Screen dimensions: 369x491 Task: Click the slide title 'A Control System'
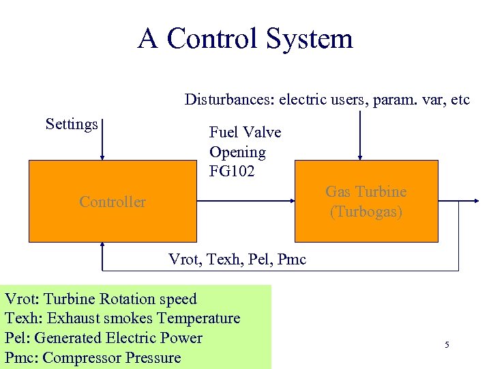pos(245,38)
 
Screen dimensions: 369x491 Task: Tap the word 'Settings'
pos(72,124)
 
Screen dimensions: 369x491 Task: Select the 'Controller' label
pos(113,202)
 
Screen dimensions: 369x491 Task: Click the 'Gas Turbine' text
pos(366,192)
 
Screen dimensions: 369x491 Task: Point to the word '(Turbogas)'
pos(366,212)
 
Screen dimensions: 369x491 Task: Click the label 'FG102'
pos(232,172)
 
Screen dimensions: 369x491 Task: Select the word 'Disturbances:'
pos(227,100)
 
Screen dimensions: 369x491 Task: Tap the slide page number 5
pos(447,344)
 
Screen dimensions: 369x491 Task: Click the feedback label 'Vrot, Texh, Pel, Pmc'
pos(237,260)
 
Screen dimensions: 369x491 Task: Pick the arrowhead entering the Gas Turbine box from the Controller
pos(290,202)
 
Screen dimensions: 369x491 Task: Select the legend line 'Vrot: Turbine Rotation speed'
pos(101,299)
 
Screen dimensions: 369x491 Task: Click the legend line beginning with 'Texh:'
pos(123,318)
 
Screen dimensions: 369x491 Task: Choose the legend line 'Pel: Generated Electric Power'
pos(104,338)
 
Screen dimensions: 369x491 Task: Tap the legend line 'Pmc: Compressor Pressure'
pos(93,357)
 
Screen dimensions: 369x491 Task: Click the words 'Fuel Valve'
pos(245,132)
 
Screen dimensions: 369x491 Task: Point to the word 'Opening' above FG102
pos(237,152)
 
